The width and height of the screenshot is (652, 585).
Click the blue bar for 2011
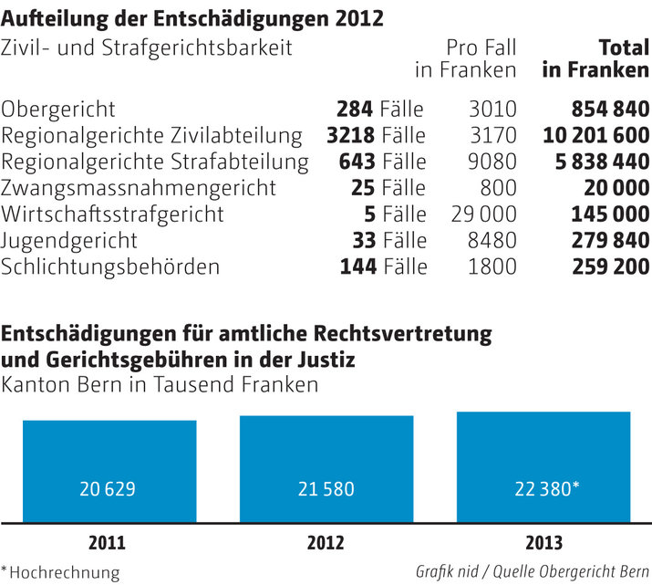109,471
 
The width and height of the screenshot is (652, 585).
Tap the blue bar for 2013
543,467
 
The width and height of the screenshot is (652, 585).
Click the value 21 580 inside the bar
326,488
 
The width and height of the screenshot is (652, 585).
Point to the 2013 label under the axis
543,542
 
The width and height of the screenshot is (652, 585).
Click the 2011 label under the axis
108,542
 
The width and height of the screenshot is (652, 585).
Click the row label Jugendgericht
70,241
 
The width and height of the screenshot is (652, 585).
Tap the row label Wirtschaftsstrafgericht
112,214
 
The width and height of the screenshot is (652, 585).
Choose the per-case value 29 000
483,214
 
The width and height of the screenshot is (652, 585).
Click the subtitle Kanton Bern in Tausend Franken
160,384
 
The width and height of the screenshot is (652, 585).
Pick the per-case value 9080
492,162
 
